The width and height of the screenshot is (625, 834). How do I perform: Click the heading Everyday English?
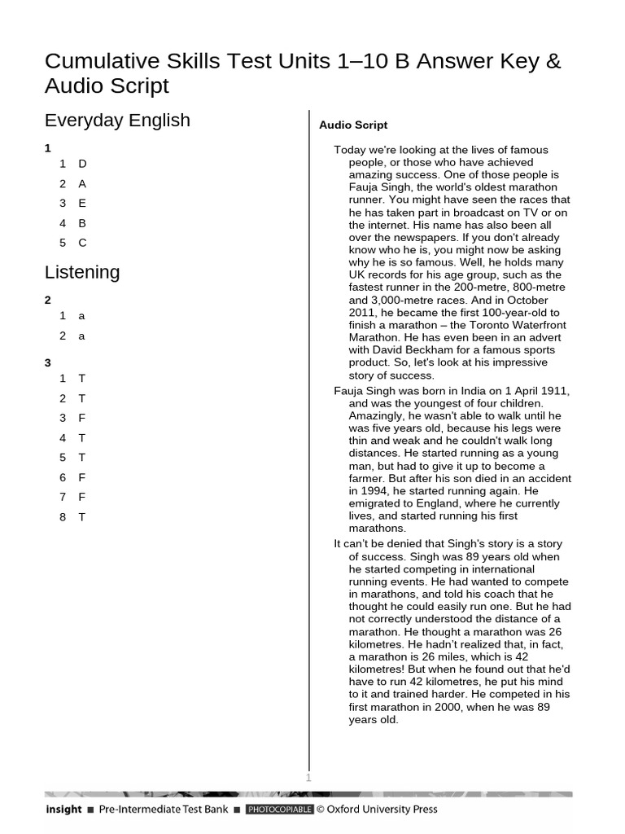[117, 121]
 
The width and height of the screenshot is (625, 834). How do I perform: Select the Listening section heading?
[82, 272]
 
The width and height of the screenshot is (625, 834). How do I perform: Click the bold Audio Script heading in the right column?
[353, 125]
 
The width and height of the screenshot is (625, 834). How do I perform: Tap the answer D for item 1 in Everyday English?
[82, 164]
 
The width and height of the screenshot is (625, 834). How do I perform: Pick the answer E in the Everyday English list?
[82, 203]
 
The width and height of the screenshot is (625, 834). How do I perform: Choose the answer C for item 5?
[82, 243]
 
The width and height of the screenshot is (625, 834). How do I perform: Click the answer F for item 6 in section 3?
[82, 477]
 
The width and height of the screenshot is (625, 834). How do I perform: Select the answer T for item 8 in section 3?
[82, 517]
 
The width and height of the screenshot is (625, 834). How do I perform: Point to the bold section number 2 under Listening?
[48, 300]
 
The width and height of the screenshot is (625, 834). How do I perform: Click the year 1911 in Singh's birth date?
[554, 391]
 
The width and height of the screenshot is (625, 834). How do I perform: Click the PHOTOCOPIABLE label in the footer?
[279, 810]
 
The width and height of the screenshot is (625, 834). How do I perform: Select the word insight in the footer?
[63, 810]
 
